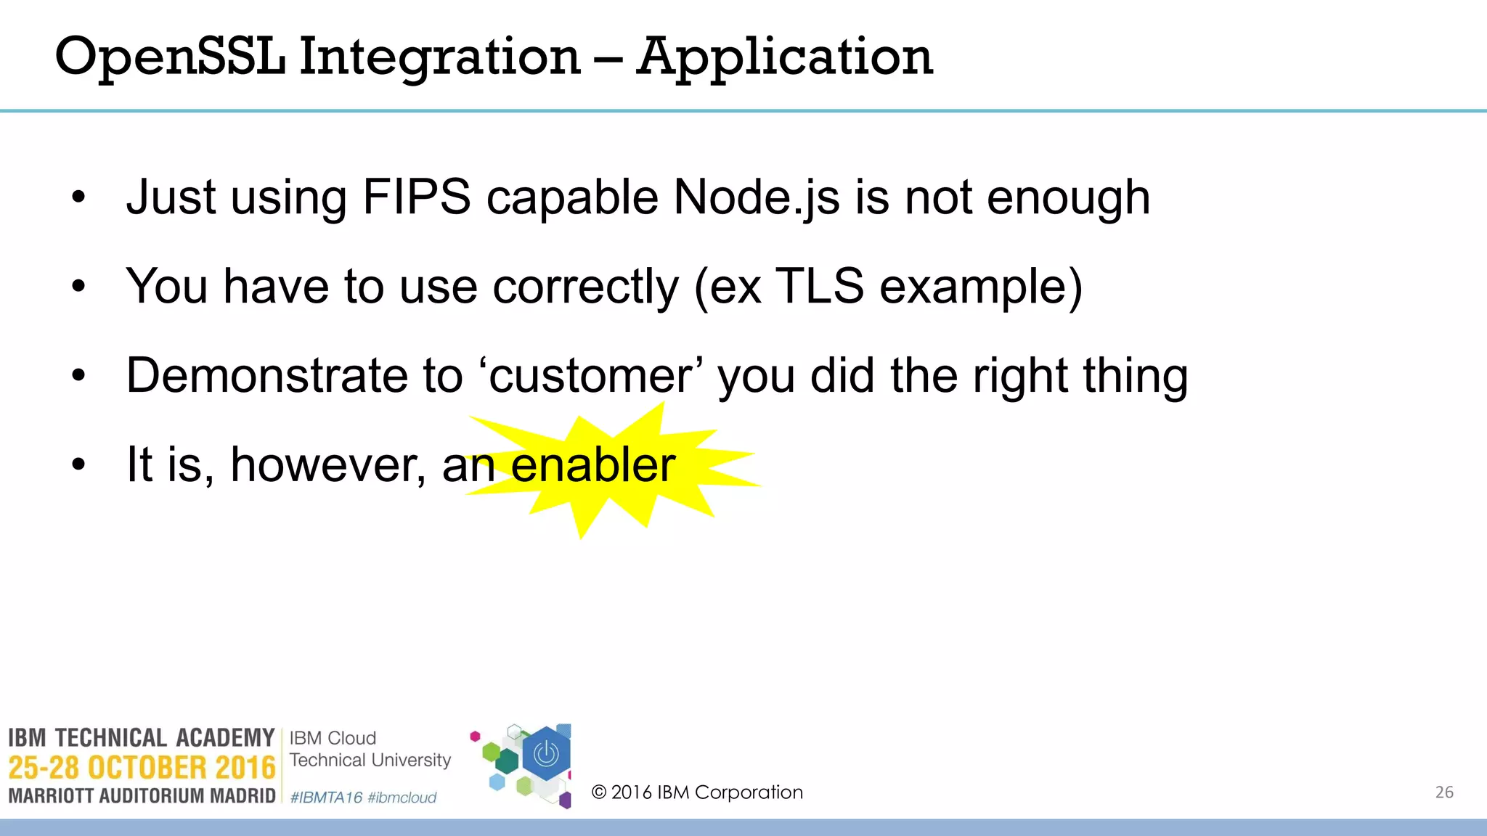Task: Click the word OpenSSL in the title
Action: pos(171,57)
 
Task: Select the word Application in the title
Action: pos(784,57)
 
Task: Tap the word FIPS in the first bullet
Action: pos(417,197)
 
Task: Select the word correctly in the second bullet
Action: pos(585,286)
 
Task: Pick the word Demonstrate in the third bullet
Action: pos(268,376)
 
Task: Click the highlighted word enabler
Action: pos(593,464)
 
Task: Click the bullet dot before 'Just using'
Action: pos(78,197)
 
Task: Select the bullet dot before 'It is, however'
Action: pos(78,464)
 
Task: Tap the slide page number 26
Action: pos(1444,792)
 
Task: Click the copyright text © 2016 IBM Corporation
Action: pos(697,792)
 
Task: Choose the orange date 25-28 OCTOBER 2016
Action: pos(142,768)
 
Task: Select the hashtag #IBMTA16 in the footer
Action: pos(326,798)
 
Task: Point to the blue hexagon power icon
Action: pos(546,755)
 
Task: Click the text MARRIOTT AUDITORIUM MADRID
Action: pos(142,796)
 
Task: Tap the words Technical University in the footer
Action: pos(370,760)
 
